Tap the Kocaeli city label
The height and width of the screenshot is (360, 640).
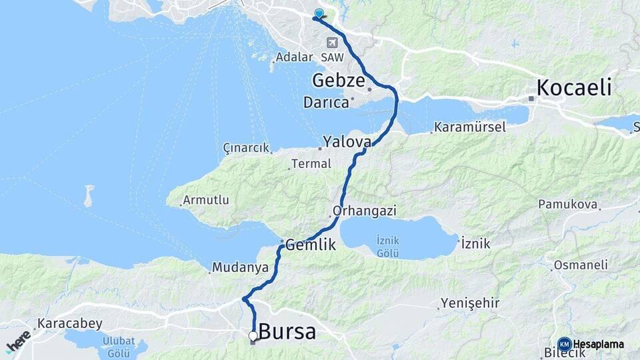pyautogui.click(x=574, y=87)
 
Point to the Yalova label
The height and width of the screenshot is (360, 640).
pyautogui.click(x=347, y=141)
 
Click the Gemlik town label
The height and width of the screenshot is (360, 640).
pyautogui.click(x=310, y=245)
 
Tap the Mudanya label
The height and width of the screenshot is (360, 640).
pyautogui.click(x=240, y=267)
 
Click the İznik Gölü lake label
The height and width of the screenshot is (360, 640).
pyautogui.click(x=387, y=246)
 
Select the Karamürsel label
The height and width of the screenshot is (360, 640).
pyautogui.click(x=470, y=127)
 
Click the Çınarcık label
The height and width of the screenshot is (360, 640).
pyautogui.click(x=246, y=147)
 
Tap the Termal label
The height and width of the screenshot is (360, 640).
pyautogui.click(x=313, y=163)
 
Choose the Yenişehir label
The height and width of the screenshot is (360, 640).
pyautogui.click(x=470, y=303)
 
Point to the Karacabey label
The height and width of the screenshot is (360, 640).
pyautogui.click(x=70, y=324)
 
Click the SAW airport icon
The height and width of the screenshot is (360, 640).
pyautogui.click(x=331, y=43)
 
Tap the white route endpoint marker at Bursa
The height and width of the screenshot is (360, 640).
pyautogui.click(x=253, y=335)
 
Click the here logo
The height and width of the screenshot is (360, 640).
pyautogui.click(x=18, y=340)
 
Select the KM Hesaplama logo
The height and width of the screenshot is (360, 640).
pyautogui.click(x=592, y=344)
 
